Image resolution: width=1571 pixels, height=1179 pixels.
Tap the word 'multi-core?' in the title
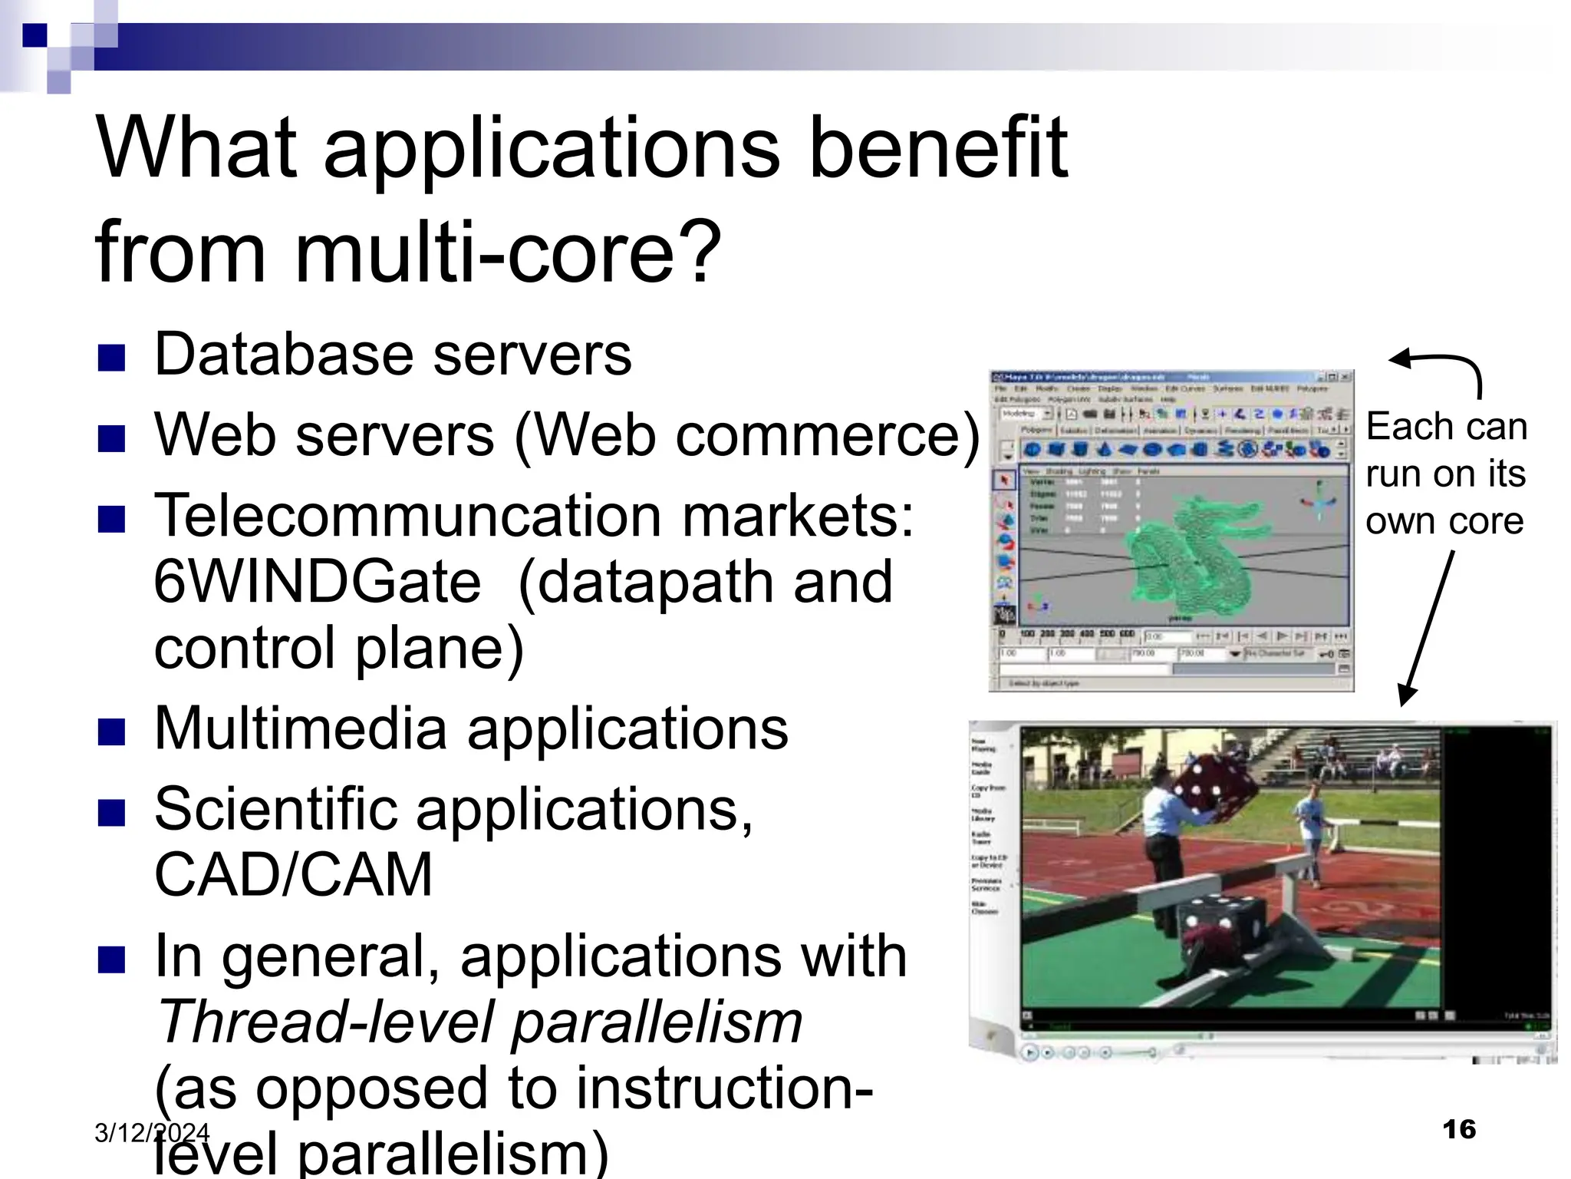pyautogui.click(x=507, y=252)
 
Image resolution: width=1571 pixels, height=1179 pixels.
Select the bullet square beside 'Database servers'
pyautogui.click(x=112, y=358)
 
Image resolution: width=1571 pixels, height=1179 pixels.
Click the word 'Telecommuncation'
pyautogui.click(x=407, y=516)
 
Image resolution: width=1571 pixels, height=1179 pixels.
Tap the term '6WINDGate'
pyautogui.click(x=318, y=582)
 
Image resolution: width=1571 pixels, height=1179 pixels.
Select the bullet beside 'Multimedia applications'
pyautogui.click(x=112, y=732)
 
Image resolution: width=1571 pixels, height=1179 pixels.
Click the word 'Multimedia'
pyautogui.click(x=300, y=728)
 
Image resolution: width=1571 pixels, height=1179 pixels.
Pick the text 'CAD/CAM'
pyautogui.click(x=293, y=874)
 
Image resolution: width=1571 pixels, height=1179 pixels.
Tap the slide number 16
pyautogui.click(x=1458, y=1129)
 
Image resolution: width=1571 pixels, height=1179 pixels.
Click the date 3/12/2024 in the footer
pyautogui.click(x=151, y=1132)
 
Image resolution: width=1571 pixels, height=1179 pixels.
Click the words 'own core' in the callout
pyautogui.click(x=1444, y=521)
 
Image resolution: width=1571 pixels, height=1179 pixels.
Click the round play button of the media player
pyautogui.click(x=1030, y=1052)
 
